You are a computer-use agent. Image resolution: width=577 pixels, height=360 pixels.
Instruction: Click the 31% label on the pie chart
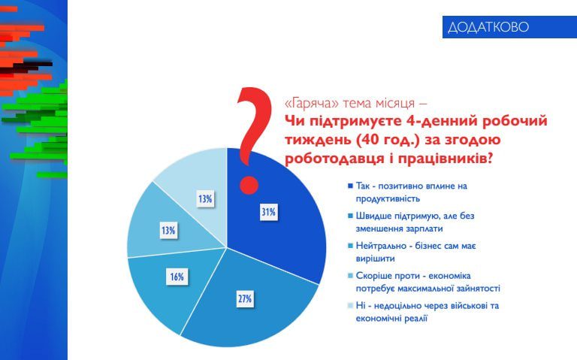pyautogui.click(x=269, y=213)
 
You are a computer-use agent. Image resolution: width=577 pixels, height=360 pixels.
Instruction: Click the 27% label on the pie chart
pyautogui.click(x=244, y=299)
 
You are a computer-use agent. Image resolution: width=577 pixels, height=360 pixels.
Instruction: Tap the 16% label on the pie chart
pyautogui.click(x=177, y=277)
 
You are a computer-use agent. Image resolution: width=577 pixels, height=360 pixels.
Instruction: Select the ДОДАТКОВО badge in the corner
pyautogui.click(x=488, y=27)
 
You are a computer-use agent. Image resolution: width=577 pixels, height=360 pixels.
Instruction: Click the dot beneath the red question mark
pyautogui.click(x=248, y=185)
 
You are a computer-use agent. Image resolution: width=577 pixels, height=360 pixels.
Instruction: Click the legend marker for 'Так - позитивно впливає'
pyautogui.click(x=350, y=186)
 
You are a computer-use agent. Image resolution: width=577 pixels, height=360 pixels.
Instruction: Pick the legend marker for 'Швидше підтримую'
pyautogui.click(x=350, y=216)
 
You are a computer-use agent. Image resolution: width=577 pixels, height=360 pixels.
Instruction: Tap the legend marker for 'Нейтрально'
pyautogui.click(x=350, y=247)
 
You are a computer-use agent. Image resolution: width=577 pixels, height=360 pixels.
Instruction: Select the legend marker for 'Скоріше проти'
pyautogui.click(x=350, y=277)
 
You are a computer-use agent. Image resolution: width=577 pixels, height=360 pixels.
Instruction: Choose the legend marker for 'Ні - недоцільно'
pyautogui.click(x=350, y=307)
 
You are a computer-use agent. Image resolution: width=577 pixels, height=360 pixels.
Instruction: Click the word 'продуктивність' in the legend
pyautogui.click(x=387, y=198)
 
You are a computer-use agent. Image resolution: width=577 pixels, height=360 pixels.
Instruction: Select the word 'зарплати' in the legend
pyautogui.click(x=417, y=228)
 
